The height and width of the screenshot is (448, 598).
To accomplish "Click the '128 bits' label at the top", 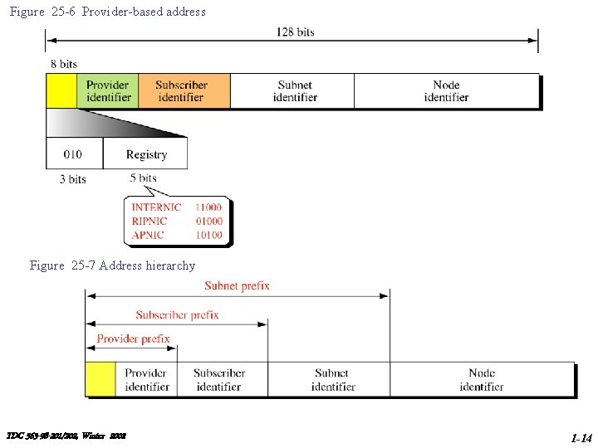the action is (x=295, y=32).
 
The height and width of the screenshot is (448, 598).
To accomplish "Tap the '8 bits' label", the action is (x=64, y=64).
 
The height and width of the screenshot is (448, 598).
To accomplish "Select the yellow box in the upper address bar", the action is (x=61, y=90).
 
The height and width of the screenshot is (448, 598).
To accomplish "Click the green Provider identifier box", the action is (x=108, y=90).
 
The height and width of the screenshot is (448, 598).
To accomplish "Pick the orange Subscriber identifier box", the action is (x=184, y=90).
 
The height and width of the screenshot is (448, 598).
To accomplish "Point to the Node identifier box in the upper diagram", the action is (x=447, y=90).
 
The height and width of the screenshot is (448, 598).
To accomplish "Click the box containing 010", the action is (x=74, y=154).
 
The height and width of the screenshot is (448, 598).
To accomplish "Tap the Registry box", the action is (x=146, y=154).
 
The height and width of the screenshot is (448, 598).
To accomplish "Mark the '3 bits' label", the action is (x=73, y=179).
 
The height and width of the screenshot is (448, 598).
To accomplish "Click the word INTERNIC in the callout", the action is (x=156, y=207).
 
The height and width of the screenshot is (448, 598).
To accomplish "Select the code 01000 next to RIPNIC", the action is (x=208, y=222).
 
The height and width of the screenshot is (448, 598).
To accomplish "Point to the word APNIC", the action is (x=148, y=235).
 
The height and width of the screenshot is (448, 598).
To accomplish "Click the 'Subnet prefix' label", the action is (x=238, y=286).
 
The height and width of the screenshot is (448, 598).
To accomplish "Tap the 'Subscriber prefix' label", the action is (x=177, y=315).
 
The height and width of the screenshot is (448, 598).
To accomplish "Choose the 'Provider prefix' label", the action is (x=133, y=338).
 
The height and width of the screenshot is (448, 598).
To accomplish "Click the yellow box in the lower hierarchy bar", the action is (x=100, y=379).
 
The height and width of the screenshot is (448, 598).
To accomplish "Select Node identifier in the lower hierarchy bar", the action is (x=482, y=380).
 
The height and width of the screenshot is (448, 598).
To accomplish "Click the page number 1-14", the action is (x=581, y=437).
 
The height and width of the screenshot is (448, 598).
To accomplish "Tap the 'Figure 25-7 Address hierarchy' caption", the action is (x=112, y=265).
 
